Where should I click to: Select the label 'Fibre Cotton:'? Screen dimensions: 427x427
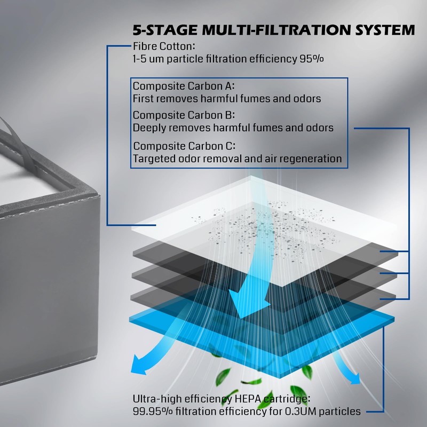click(159, 47)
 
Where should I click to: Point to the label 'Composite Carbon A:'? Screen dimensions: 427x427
click(184, 86)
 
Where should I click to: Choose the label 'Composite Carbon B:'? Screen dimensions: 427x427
click(184, 115)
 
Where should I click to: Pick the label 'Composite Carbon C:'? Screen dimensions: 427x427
click(184, 146)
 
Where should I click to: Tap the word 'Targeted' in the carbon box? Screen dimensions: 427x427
click(153, 159)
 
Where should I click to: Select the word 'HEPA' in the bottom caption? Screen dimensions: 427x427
click(256, 399)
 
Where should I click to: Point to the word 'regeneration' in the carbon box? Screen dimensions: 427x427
click(313, 159)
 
